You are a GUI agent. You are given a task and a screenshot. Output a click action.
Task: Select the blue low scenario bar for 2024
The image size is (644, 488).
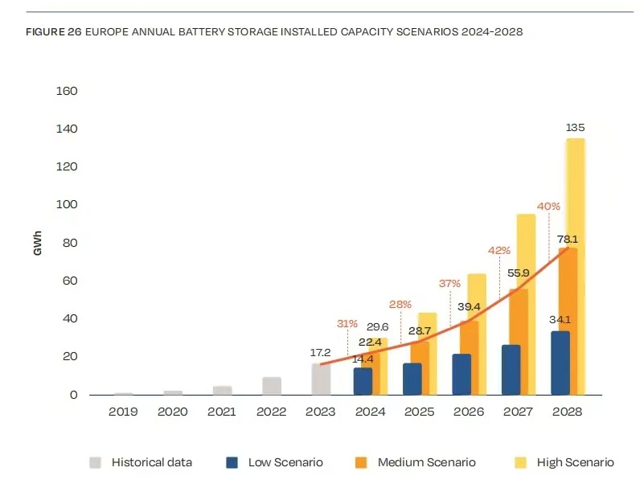coord(363,381)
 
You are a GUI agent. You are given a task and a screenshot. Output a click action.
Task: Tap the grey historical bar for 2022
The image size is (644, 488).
coord(272,386)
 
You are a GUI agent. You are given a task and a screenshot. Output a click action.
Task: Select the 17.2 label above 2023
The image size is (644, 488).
coord(321,352)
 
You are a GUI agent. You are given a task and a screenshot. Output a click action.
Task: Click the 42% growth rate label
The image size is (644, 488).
coord(498,250)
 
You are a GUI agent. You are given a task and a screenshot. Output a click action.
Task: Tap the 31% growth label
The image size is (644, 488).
coord(347,324)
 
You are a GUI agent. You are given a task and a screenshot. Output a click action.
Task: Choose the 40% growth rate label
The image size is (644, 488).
coord(548,207)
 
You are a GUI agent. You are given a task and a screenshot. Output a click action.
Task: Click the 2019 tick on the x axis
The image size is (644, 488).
coord(123,412)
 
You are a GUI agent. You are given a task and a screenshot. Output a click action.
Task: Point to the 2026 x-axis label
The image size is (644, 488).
coord(470,412)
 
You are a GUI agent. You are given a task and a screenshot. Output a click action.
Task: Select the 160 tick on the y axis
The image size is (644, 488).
coord(67,91)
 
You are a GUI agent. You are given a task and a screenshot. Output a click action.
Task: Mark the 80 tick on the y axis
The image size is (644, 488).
coord(70,243)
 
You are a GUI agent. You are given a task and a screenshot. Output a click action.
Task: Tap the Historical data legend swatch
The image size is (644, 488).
coord(95,462)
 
